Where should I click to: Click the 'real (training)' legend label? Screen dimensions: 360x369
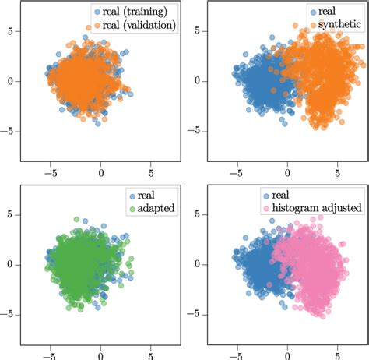(x=136, y=12)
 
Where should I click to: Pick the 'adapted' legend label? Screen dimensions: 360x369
(x=156, y=210)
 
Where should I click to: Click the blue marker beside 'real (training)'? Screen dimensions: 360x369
(x=97, y=12)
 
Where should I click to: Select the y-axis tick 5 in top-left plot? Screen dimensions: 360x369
(x=10, y=30)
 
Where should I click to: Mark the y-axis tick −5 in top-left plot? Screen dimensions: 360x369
(x=7, y=130)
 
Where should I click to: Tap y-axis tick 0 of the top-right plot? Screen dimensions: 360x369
(x=197, y=80)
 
